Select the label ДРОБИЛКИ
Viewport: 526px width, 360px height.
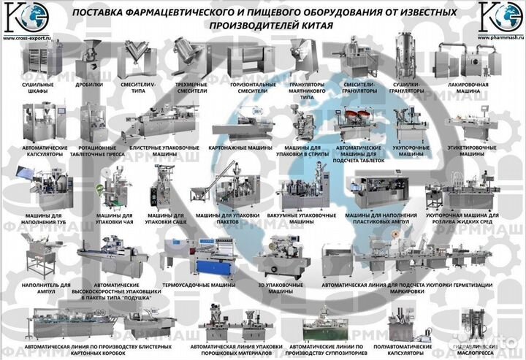point(88,85)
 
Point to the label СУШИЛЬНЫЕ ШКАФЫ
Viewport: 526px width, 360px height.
point(34,88)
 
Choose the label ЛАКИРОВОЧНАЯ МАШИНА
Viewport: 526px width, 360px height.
point(472,88)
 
